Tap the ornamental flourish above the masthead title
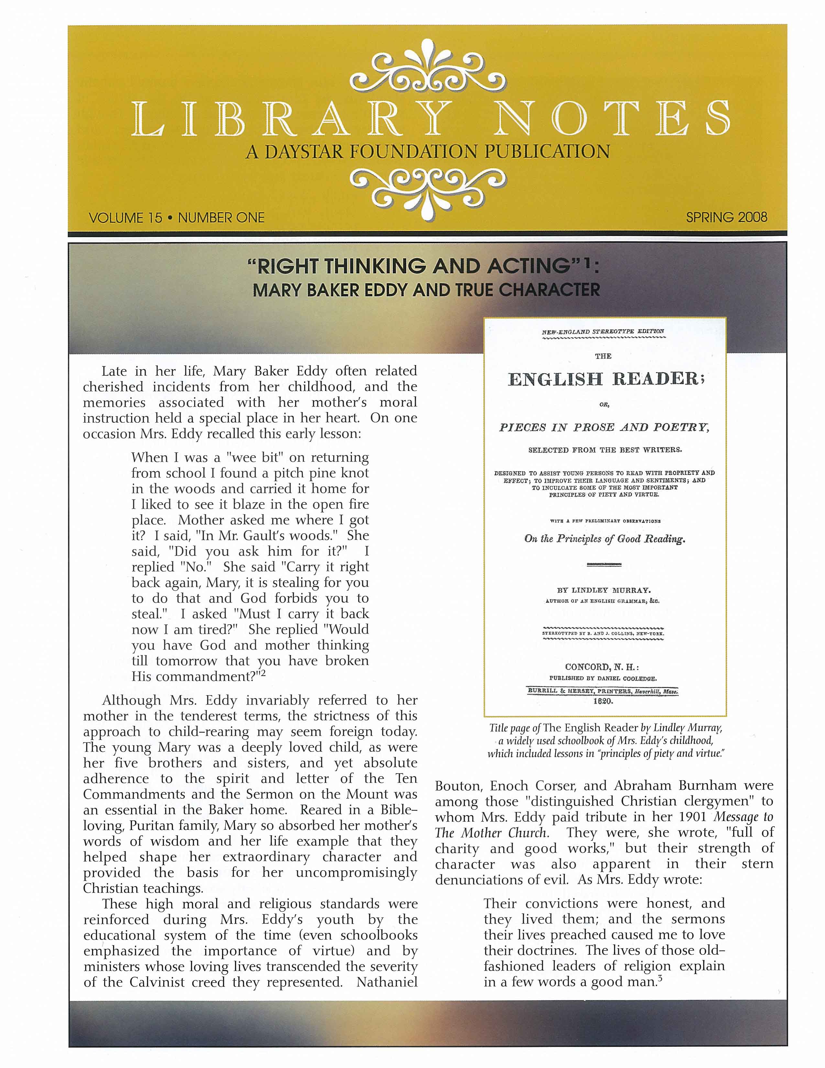(x=428, y=74)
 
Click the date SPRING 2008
(x=726, y=217)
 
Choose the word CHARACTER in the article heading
(x=549, y=290)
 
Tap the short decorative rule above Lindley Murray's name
(x=604, y=565)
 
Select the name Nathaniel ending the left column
(x=387, y=983)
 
